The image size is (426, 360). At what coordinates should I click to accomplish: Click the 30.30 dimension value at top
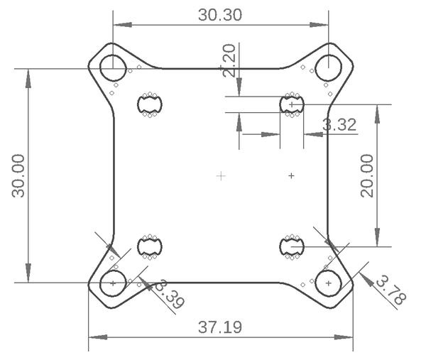click(x=220, y=15)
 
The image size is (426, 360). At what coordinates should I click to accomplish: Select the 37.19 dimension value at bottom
click(x=220, y=328)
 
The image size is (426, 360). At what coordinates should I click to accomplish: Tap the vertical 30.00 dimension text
click(x=16, y=175)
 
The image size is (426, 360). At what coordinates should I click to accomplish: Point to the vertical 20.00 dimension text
click(x=367, y=175)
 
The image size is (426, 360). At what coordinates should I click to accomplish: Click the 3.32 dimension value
click(x=339, y=126)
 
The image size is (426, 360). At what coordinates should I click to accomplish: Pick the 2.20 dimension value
click(x=229, y=60)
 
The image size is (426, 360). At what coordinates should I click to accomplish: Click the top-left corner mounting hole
click(x=113, y=68)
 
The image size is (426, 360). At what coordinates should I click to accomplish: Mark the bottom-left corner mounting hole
click(x=113, y=283)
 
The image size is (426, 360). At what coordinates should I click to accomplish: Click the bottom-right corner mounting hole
click(x=329, y=283)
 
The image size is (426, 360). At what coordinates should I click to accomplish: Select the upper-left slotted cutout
click(x=150, y=105)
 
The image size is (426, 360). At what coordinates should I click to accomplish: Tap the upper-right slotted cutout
click(x=292, y=105)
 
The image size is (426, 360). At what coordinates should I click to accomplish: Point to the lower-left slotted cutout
click(x=150, y=246)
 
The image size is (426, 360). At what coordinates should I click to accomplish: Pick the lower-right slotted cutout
click(x=292, y=246)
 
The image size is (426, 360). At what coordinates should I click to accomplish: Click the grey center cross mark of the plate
click(x=221, y=175)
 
